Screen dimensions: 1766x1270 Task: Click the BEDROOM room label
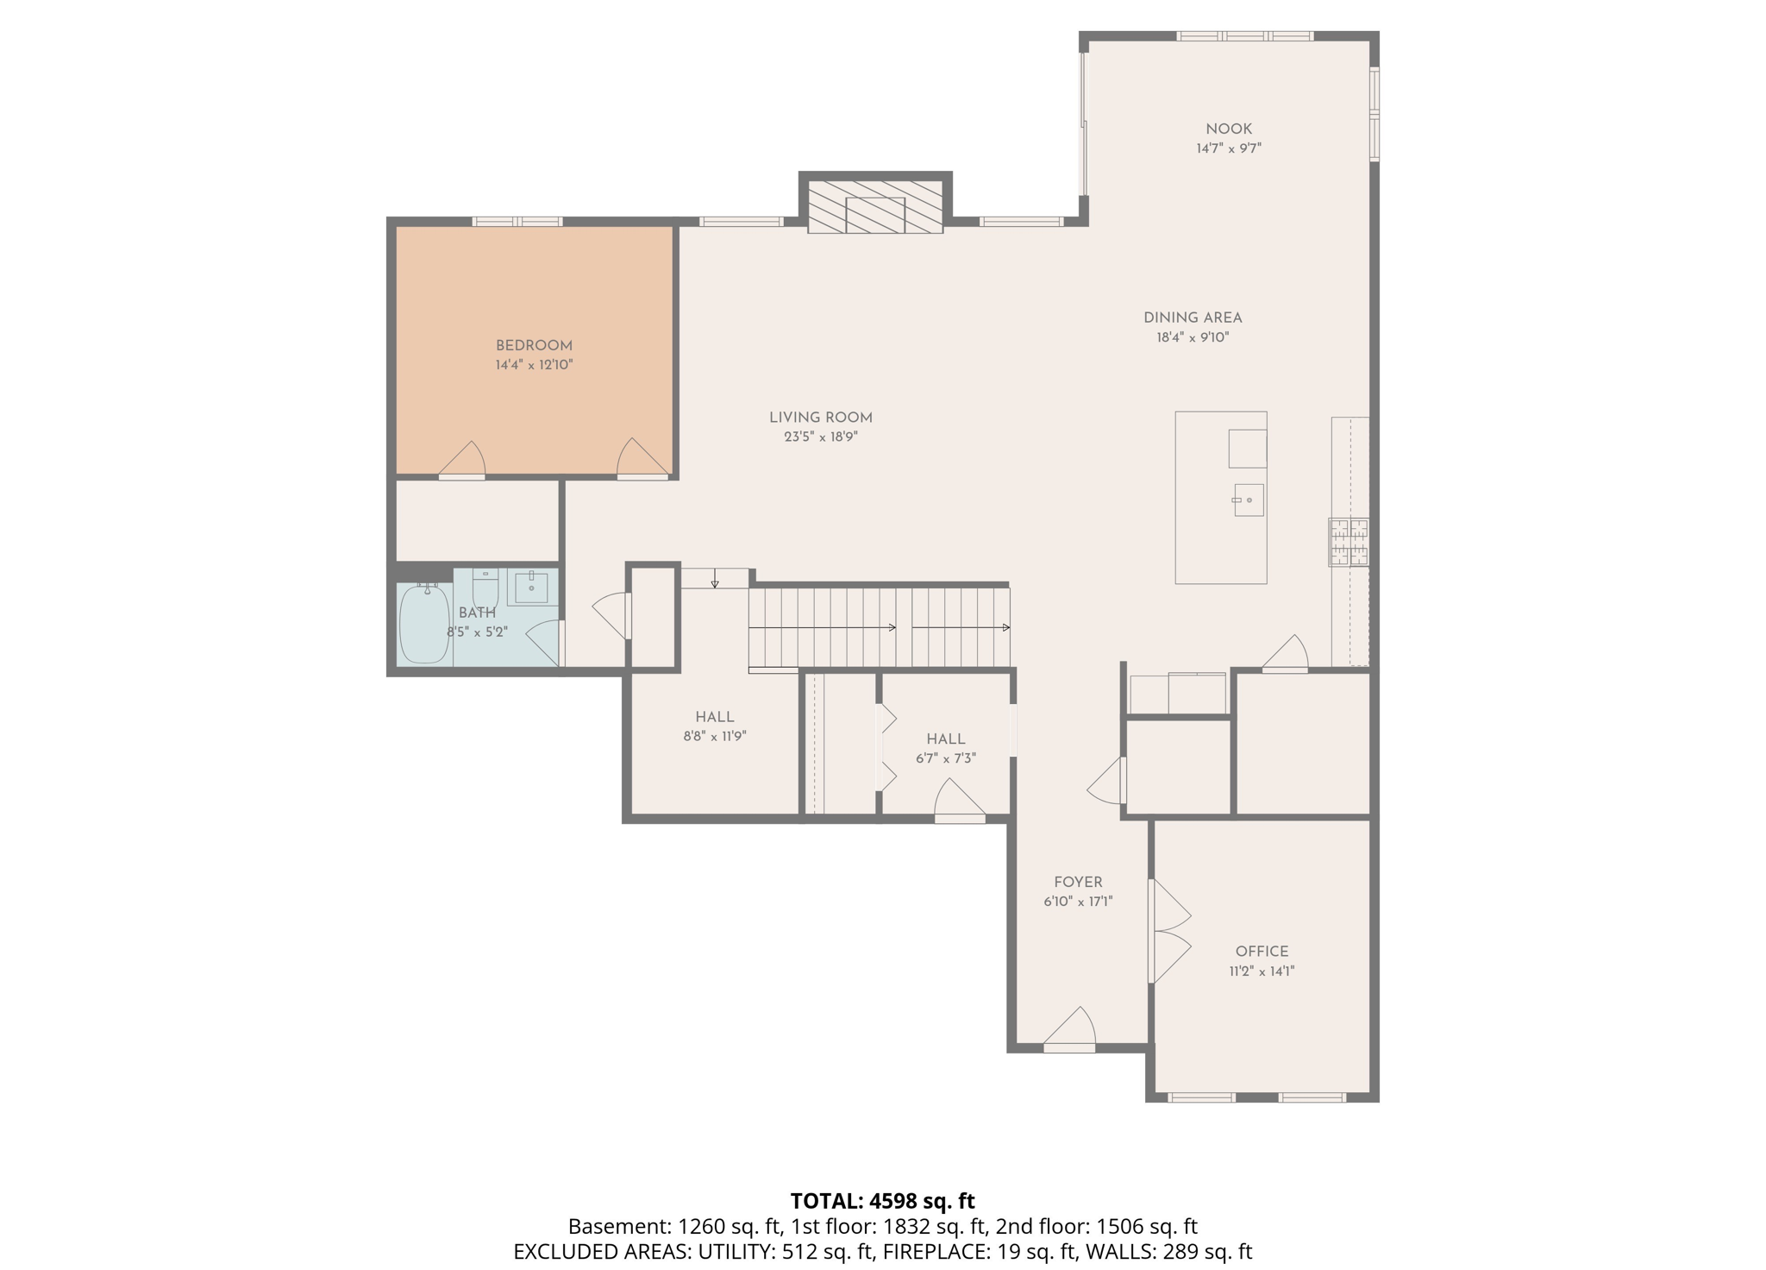(534, 346)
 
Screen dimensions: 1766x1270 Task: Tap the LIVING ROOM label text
(821, 418)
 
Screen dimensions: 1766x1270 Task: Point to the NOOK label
(1229, 129)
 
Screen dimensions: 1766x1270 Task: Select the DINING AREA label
(1193, 318)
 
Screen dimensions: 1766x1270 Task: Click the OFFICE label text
(1262, 952)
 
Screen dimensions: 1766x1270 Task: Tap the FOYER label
(1078, 883)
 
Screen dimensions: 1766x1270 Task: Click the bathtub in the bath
(424, 624)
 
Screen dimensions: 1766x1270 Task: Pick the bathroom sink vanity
(532, 588)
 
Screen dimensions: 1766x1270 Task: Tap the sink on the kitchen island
(1249, 500)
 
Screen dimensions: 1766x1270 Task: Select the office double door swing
(1170, 932)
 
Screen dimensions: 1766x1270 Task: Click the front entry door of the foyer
(1070, 1030)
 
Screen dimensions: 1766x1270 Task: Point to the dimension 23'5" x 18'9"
(821, 437)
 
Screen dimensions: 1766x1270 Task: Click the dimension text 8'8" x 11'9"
(715, 737)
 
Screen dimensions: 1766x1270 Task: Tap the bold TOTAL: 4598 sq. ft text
(882, 1201)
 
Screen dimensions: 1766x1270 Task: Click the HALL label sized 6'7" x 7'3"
(946, 739)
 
